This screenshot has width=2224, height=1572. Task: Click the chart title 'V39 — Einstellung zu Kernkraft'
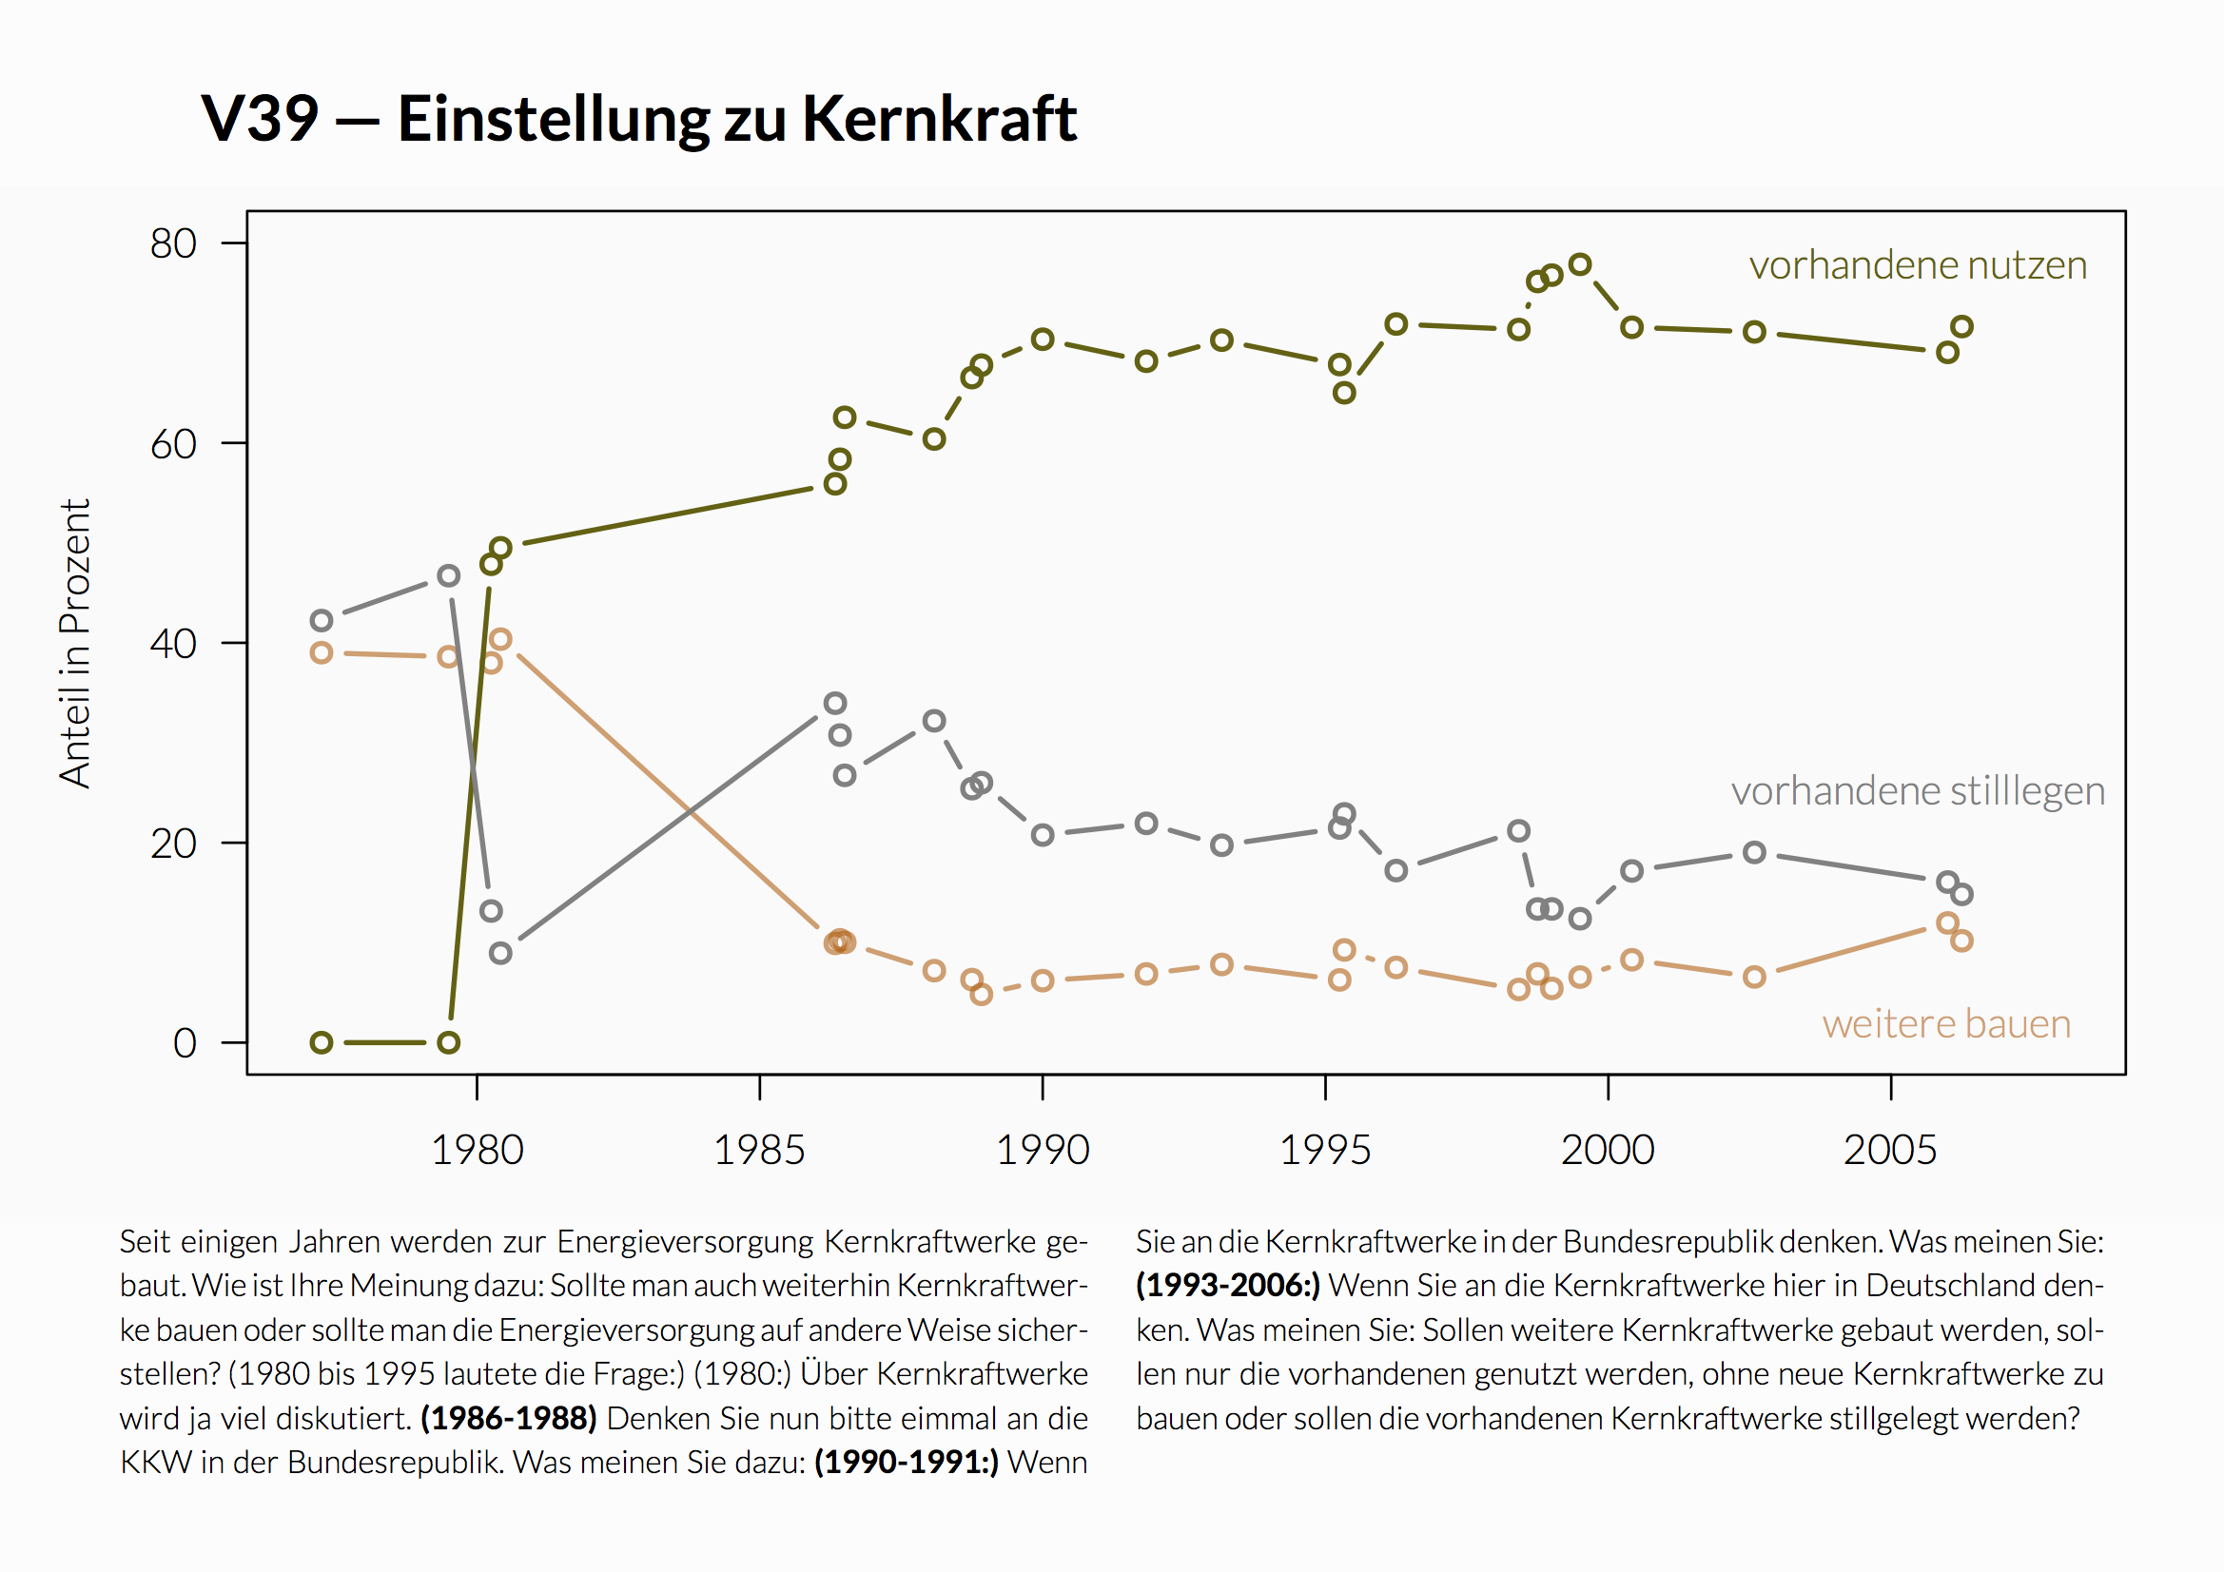(638, 119)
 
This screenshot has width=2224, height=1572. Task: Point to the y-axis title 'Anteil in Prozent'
(74, 643)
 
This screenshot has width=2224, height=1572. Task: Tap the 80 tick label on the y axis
(173, 244)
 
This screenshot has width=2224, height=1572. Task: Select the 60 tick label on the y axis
(173, 444)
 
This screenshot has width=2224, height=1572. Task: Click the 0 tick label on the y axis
(184, 1044)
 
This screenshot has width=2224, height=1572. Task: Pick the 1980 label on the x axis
(477, 1151)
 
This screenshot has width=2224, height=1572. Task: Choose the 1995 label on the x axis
(1324, 1151)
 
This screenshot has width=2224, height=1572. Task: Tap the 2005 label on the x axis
(1889, 1151)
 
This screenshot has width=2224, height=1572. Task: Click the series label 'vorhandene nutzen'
(1917, 265)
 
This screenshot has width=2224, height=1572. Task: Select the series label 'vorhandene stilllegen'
(1917, 791)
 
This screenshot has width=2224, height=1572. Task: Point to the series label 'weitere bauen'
(1946, 1025)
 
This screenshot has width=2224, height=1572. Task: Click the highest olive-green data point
(1580, 264)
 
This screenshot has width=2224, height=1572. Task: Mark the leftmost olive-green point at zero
(322, 1043)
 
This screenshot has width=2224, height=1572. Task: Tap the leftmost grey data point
(322, 620)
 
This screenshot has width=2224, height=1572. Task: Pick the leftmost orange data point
(322, 652)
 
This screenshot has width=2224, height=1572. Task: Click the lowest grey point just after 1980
(499, 953)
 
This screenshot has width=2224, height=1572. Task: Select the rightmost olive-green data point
(1961, 326)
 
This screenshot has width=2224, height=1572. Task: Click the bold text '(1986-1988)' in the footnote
(509, 1419)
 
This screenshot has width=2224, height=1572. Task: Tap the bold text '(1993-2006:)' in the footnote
(1227, 1286)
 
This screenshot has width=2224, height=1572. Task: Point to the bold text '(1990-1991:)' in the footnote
(906, 1463)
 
